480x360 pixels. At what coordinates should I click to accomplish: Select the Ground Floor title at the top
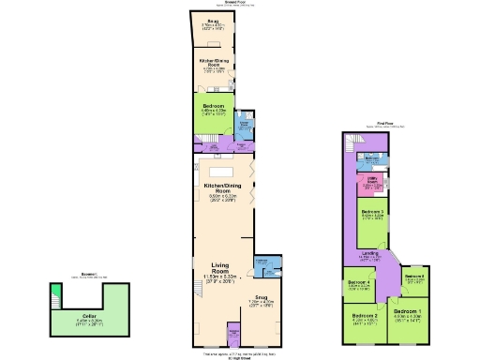coord(221,4)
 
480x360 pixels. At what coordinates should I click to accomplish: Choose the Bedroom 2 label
coord(365,316)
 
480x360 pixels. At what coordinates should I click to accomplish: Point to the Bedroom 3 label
coord(373,213)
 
